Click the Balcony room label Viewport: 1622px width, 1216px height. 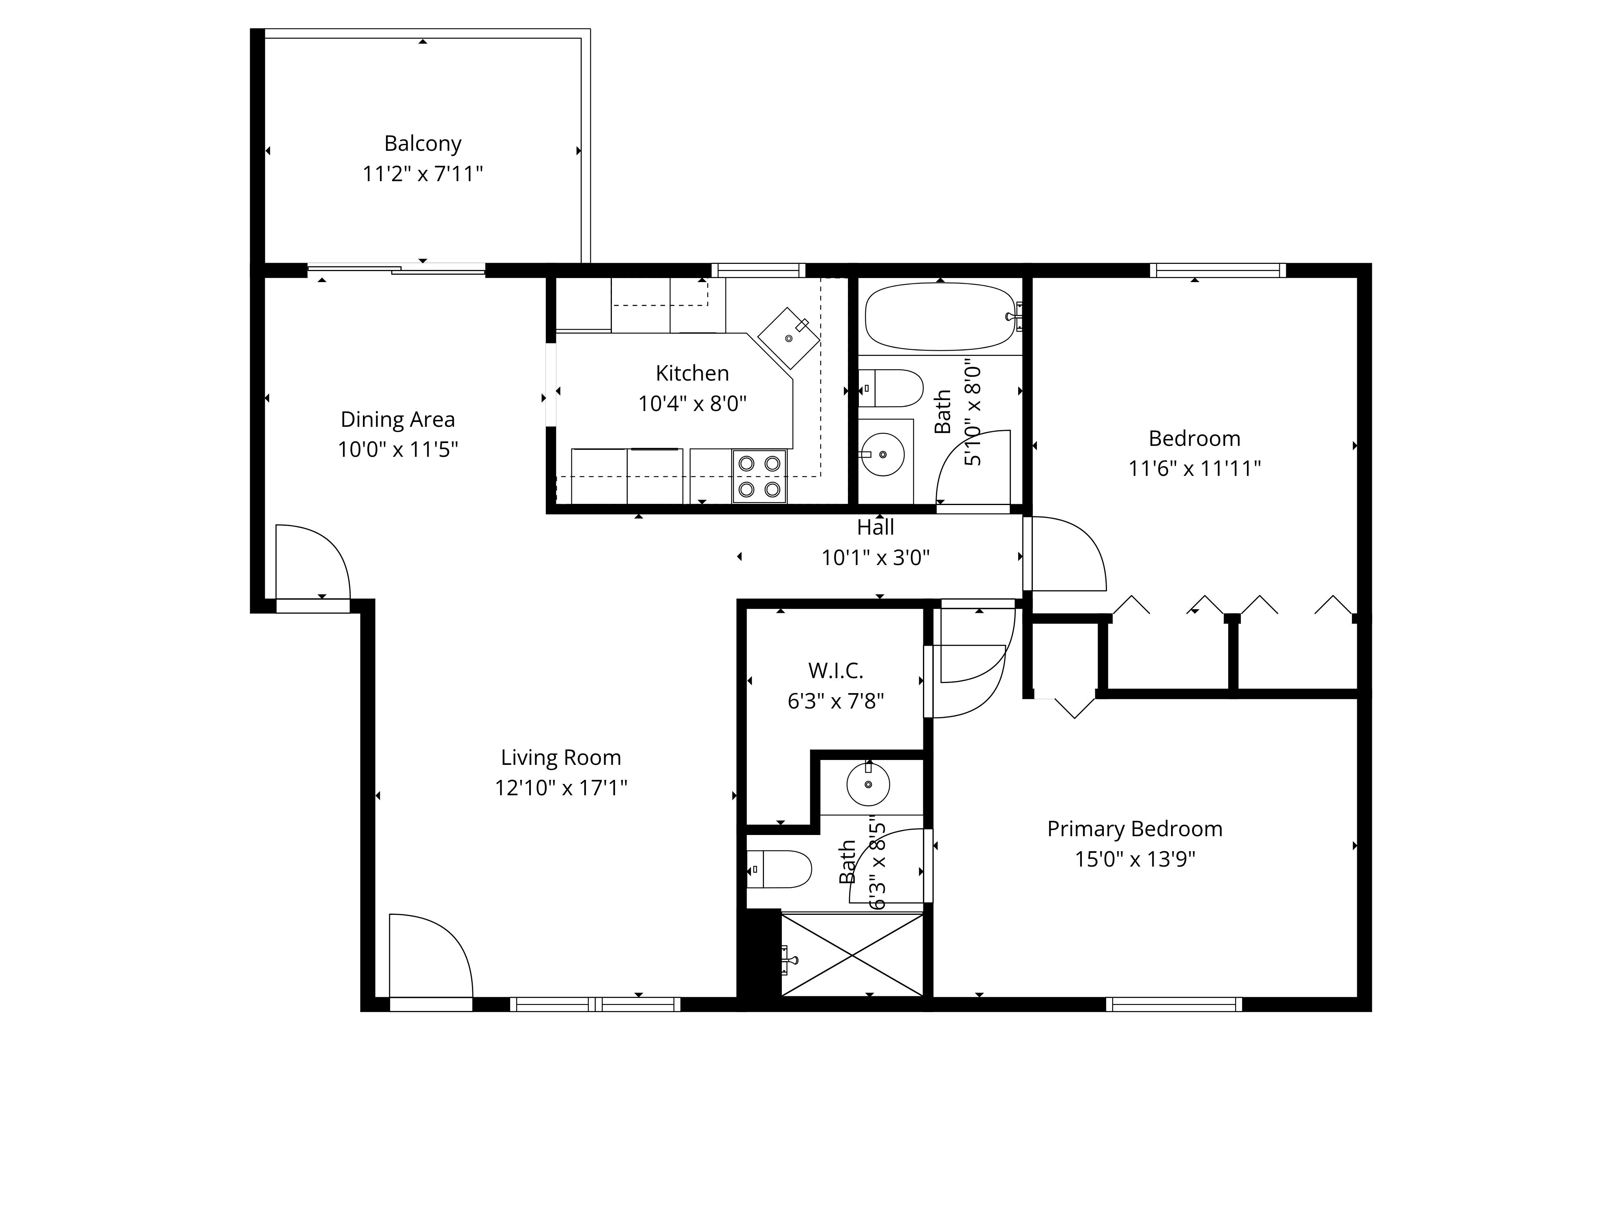423,143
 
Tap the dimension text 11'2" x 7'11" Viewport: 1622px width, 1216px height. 423,174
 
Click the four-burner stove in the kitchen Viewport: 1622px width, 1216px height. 759,476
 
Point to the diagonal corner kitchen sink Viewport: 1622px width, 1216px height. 788,338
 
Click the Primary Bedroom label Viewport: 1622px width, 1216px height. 1134,829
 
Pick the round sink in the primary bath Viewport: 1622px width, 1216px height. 868,784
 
